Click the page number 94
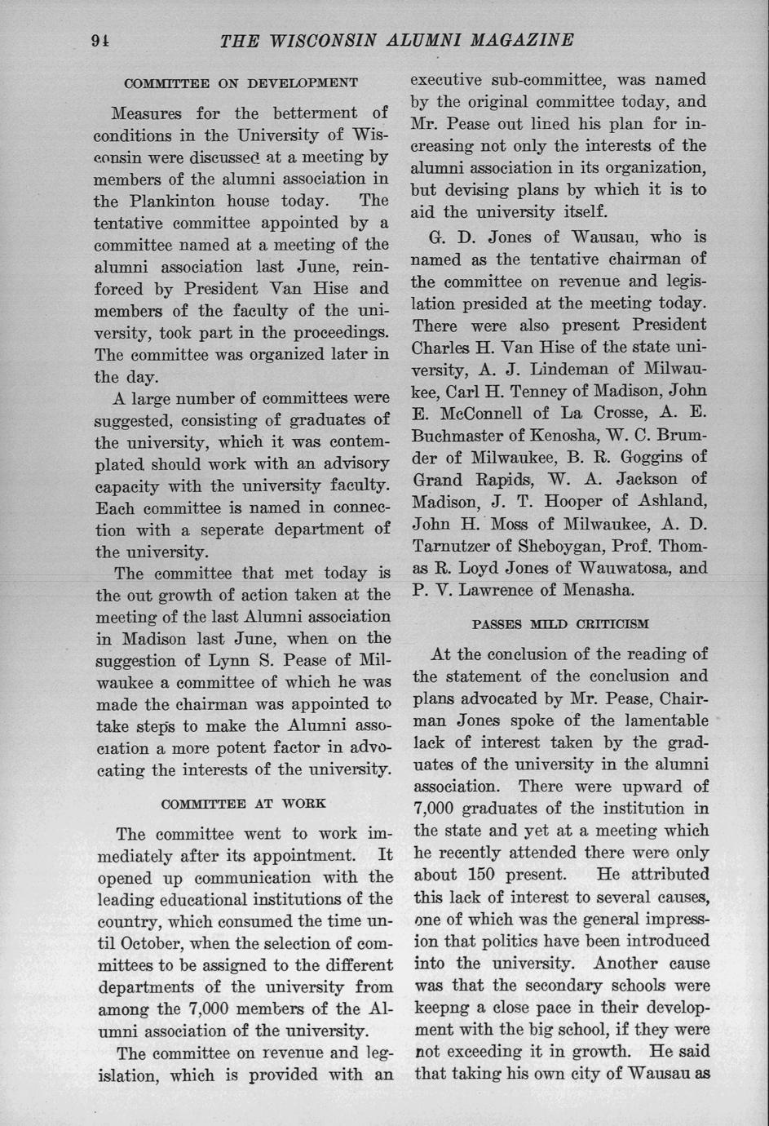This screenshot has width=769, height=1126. pos(101,41)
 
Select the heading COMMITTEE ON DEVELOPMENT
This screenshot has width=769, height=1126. pos(241,83)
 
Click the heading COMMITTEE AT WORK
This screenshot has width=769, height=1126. pos(244,804)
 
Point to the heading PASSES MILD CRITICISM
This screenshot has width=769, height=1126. pos(560,624)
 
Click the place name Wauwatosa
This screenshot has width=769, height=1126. pos(624,567)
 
